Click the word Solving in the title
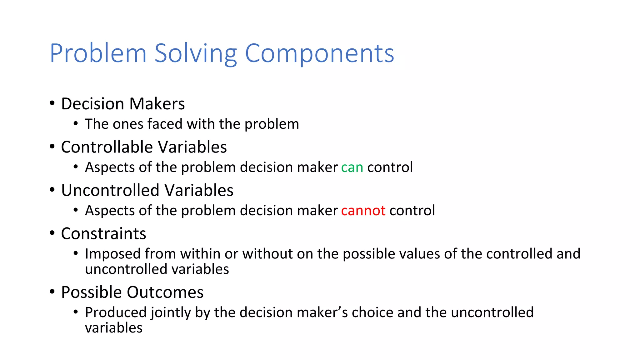(x=196, y=54)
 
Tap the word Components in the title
(x=319, y=54)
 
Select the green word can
(x=352, y=167)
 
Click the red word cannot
(x=363, y=211)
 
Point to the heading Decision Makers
(x=123, y=104)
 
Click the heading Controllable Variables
(x=144, y=147)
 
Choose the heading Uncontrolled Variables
(x=147, y=190)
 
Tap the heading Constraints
(x=103, y=234)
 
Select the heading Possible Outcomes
(x=132, y=292)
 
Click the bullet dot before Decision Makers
(x=52, y=103)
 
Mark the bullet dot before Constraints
(x=52, y=233)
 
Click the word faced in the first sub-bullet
(x=165, y=124)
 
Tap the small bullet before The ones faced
(x=76, y=124)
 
